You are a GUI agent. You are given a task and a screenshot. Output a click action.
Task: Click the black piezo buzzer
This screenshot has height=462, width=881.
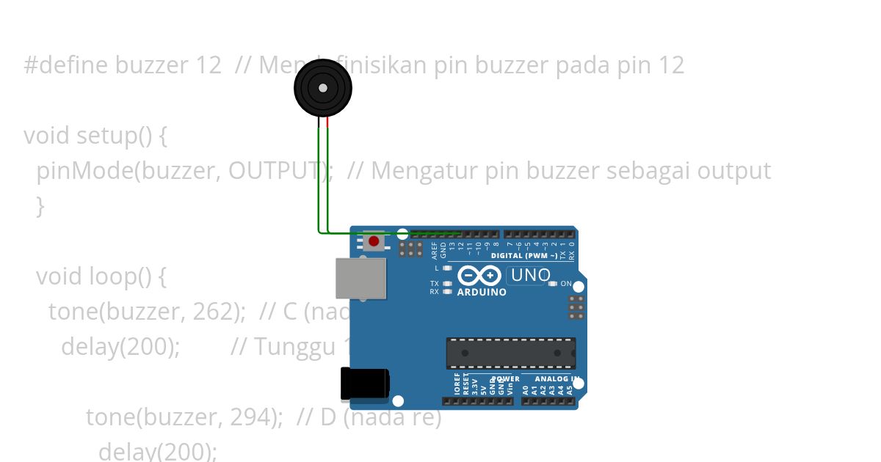tap(323, 88)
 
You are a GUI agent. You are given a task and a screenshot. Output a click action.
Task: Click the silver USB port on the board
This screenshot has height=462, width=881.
tap(360, 279)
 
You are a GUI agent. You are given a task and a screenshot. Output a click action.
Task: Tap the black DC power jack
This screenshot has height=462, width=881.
tap(364, 384)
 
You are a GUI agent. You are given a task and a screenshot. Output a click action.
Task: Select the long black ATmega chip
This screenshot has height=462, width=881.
tap(511, 353)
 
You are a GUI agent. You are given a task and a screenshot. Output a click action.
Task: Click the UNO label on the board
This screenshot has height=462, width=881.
tap(531, 276)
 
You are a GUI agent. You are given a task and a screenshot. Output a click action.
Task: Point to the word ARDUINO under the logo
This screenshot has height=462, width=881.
tap(482, 292)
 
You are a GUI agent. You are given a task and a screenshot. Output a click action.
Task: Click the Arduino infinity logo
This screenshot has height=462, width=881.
tap(480, 276)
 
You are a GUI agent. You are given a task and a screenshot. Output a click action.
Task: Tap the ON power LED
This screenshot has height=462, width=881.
tap(552, 284)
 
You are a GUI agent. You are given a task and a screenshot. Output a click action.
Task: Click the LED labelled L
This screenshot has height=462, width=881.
tap(447, 268)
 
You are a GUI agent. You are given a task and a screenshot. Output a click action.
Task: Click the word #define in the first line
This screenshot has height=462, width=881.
tap(67, 65)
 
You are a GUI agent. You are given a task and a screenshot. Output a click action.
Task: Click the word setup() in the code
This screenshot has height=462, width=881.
tap(111, 136)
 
